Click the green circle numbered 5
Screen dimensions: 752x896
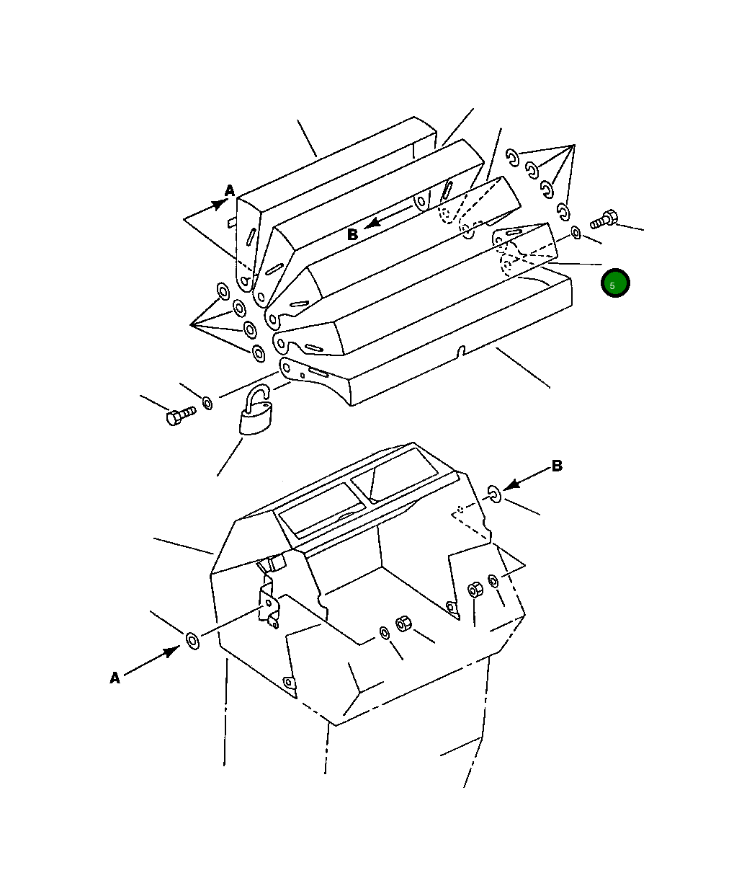point(615,283)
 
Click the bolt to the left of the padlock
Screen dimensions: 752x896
point(181,415)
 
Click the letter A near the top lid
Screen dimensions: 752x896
point(230,190)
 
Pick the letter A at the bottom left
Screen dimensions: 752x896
point(115,678)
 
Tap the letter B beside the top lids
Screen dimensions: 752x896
point(352,235)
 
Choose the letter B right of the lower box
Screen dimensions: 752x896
point(557,466)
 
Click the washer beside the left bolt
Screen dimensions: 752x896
point(207,403)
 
